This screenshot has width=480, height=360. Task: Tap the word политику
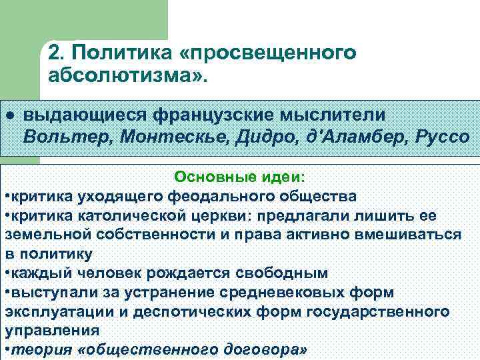click(65, 255)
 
